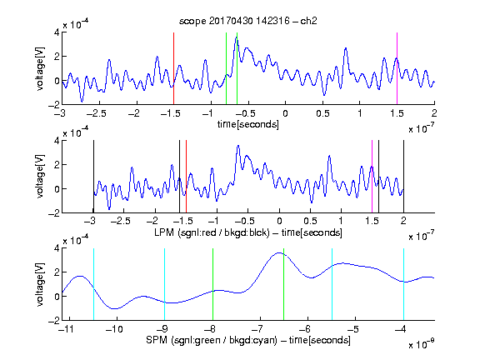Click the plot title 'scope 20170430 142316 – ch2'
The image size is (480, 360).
click(x=248, y=21)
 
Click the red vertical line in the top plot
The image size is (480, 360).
click(x=173, y=68)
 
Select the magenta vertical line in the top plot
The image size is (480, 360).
click(x=397, y=68)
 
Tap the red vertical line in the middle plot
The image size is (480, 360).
click(x=186, y=177)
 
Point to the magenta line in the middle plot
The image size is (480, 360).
click(x=372, y=177)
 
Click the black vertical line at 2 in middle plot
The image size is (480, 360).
click(x=403, y=177)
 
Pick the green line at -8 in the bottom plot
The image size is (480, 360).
click(x=212, y=284)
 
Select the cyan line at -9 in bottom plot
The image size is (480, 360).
click(x=164, y=284)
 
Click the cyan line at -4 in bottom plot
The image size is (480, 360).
click(x=403, y=284)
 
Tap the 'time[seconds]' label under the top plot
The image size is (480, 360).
click(x=248, y=124)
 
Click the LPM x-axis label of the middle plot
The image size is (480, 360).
click(x=248, y=232)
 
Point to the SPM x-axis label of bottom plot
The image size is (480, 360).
click(x=248, y=340)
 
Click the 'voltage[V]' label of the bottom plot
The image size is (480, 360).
click(x=40, y=284)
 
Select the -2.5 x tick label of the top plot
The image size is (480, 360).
click(x=97, y=113)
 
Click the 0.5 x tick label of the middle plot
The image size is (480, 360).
click(x=310, y=221)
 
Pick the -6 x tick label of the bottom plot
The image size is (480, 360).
click(x=304, y=329)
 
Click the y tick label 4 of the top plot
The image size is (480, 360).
click(x=57, y=32)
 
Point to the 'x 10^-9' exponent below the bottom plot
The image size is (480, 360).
click(x=422, y=344)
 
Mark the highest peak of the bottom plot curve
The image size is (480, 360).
click(x=279, y=252)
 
